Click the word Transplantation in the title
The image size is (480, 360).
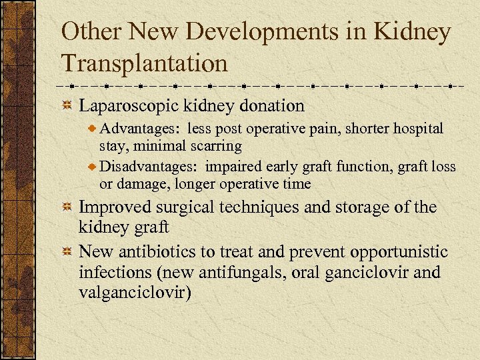(144, 63)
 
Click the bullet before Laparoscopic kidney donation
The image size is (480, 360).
(67, 106)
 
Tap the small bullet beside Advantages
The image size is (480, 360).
(93, 128)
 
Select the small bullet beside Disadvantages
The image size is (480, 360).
(93, 167)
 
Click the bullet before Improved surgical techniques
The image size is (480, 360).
(67, 208)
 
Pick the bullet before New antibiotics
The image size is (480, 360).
(67, 253)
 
